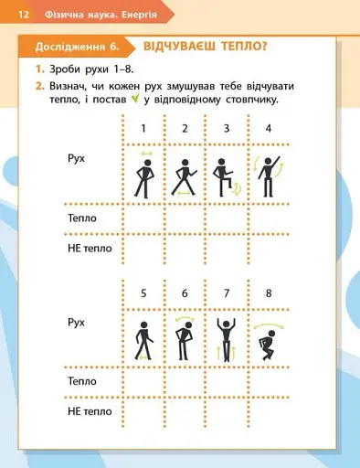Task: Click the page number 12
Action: (23, 15)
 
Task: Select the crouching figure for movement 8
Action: (267, 340)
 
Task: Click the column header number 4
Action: (268, 128)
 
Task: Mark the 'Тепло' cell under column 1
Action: (143, 218)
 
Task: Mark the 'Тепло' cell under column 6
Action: (185, 381)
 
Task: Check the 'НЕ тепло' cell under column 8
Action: (268, 413)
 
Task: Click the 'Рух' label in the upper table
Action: (77, 158)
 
